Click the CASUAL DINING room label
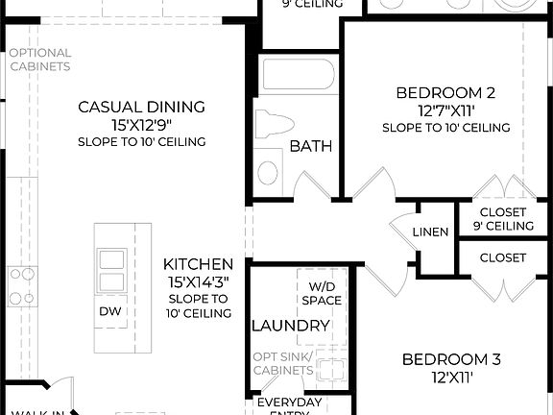coord(141,107)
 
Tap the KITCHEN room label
coord(198,264)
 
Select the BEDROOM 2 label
coord(446,93)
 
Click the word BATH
coord(311,147)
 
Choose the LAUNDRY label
coord(291,327)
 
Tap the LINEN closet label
coord(430,232)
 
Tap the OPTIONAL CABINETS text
coord(39,60)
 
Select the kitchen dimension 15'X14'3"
coord(198,281)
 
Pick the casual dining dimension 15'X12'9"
coord(141,124)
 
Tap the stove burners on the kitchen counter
coord(20,286)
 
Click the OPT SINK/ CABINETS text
coord(283,363)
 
